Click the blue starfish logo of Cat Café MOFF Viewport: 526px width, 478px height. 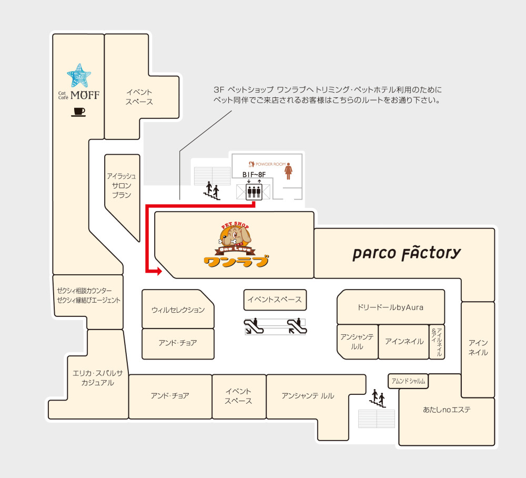click(79, 75)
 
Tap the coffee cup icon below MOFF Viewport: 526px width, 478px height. click(78, 112)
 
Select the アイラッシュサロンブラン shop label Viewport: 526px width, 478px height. click(122, 186)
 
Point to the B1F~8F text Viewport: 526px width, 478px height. click(254, 175)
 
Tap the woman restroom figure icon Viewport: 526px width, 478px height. click(288, 171)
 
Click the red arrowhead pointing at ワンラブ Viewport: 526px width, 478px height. click(159, 271)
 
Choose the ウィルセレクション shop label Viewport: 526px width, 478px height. click(178, 310)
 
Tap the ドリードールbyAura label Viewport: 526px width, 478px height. click(390, 307)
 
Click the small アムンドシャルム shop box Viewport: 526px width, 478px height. click(408, 381)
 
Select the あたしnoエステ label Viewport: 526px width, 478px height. click(447, 410)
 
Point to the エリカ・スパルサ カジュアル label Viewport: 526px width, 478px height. click(98, 378)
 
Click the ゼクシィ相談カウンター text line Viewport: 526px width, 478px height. click(84, 291)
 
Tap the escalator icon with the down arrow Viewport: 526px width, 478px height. click(254, 326)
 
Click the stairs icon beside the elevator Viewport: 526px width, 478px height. click(211, 191)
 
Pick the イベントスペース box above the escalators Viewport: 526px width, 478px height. click(275, 300)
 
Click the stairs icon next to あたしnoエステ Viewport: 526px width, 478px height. click(377, 399)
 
